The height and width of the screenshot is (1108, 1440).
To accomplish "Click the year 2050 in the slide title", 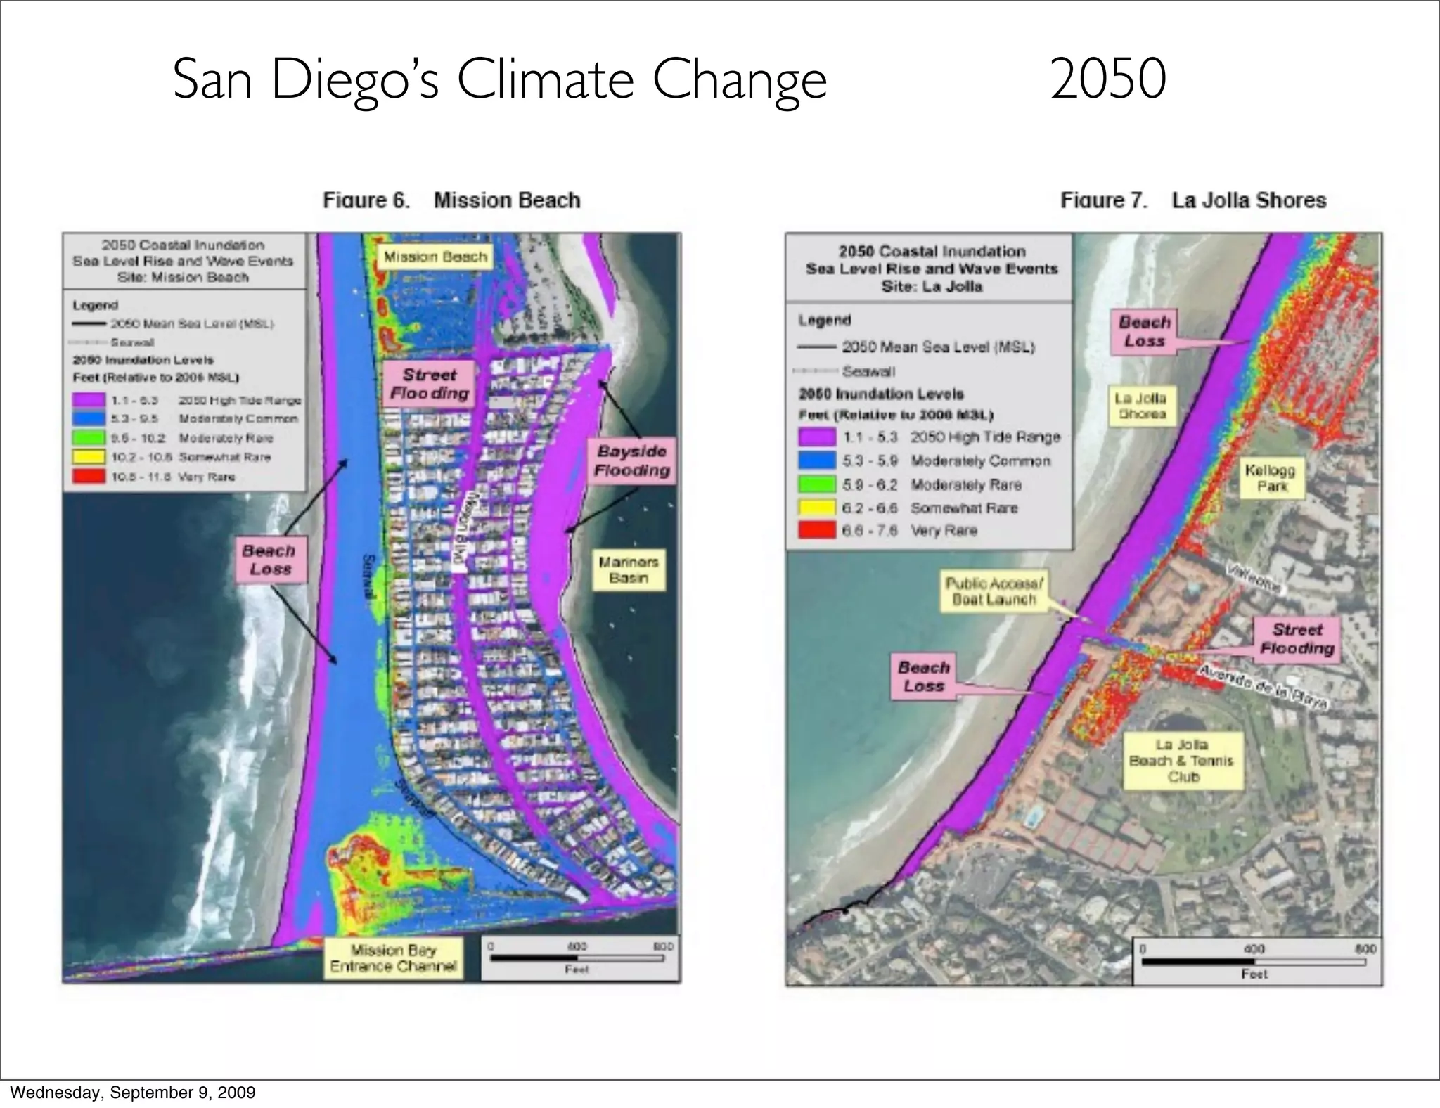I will tap(1108, 79).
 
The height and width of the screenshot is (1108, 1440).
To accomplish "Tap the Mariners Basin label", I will tap(628, 570).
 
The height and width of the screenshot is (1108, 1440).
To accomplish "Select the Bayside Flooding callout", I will tap(631, 461).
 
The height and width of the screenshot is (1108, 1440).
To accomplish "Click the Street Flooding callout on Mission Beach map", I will tap(429, 384).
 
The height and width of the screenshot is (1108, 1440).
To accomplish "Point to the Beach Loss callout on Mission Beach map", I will tap(270, 560).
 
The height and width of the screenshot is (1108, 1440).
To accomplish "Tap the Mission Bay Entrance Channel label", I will tap(393, 958).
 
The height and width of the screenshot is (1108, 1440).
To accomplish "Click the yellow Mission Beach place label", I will tap(435, 257).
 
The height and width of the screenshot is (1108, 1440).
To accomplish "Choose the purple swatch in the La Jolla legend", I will tap(816, 437).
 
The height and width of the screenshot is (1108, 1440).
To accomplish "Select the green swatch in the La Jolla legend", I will tap(816, 484).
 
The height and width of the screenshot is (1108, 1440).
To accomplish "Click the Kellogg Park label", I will tap(1269, 478).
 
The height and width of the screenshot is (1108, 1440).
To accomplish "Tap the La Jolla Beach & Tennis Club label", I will tap(1181, 761).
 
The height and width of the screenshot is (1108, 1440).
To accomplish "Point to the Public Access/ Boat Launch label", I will tap(994, 591).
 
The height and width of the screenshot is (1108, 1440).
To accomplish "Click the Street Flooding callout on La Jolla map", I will tap(1297, 639).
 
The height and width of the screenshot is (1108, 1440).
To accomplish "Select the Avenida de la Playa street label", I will tap(1261, 685).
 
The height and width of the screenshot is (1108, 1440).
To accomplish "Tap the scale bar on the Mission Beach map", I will tap(577, 958).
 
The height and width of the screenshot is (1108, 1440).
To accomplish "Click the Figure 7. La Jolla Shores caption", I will tap(1193, 201).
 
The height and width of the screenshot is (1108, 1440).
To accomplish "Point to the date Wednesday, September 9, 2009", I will tap(133, 1093).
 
